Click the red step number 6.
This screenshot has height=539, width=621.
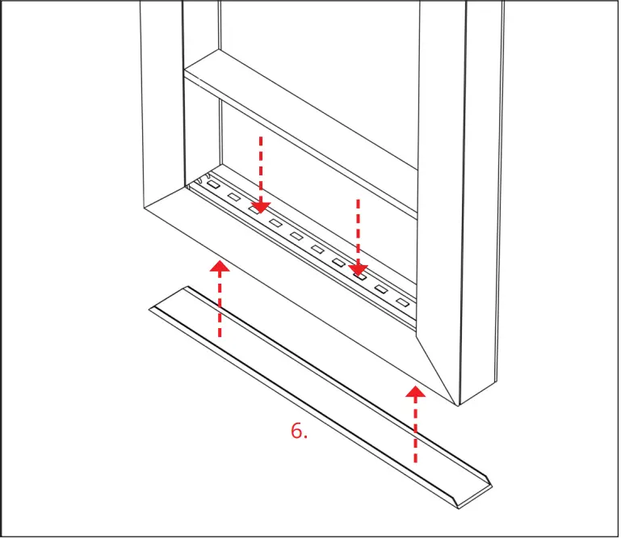[299, 431]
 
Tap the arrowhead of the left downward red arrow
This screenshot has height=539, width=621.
[260, 207]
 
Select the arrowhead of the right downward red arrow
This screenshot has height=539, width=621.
[359, 269]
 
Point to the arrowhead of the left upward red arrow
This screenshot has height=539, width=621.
[220, 266]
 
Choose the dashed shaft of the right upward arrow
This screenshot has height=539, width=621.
[415, 432]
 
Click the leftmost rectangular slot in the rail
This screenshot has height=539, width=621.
[212, 185]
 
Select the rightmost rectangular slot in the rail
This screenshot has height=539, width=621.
[401, 302]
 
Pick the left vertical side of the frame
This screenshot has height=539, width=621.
[162, 97]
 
